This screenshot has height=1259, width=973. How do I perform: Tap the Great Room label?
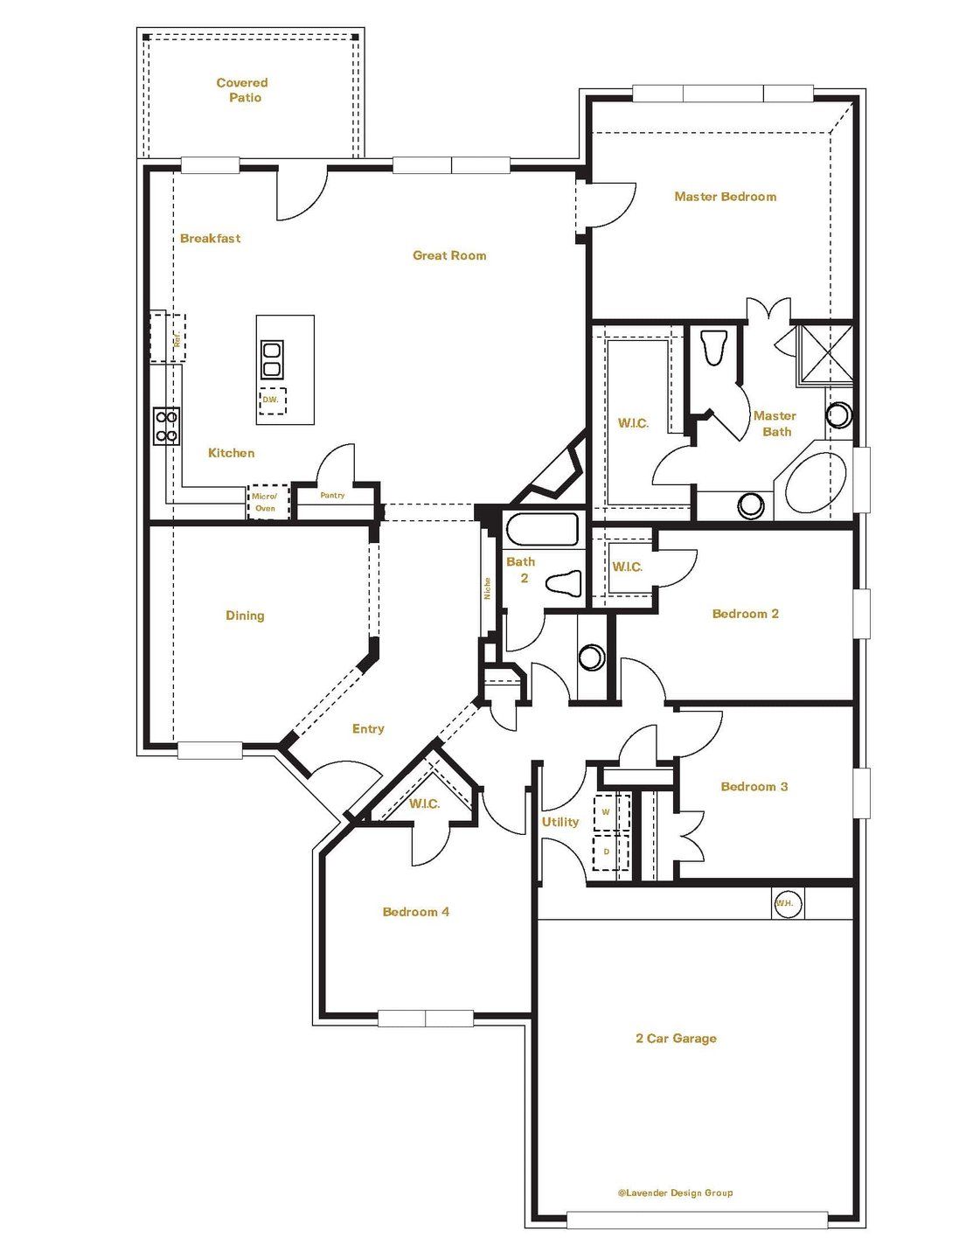(x=449, y=255)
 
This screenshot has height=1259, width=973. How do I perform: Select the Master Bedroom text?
(x=725, y=197)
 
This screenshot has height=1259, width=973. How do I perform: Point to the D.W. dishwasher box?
(x=272, y=400)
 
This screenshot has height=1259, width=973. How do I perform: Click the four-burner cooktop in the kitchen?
(x=166, y=427)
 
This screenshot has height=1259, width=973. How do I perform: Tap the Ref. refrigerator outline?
(x=168, y=337)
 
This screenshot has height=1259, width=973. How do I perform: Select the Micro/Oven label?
(x=264, y=503)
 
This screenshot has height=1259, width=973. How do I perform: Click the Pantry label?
(x=332, y=496)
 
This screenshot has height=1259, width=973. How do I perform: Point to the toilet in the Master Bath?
(x=713, y=348)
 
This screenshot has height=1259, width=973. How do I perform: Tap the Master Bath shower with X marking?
(x=824, y=355)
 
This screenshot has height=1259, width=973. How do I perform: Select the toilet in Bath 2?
(x=564, y=583)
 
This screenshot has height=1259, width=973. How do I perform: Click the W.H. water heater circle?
(x=788, y=903)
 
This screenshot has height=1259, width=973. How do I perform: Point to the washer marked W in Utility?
(x=612, y=812)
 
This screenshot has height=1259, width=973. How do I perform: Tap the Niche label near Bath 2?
(x=487, y=588)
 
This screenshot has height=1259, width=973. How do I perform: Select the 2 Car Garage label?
(x=676, y=1039)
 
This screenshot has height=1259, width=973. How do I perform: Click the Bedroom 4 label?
(x=416, y=912)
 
